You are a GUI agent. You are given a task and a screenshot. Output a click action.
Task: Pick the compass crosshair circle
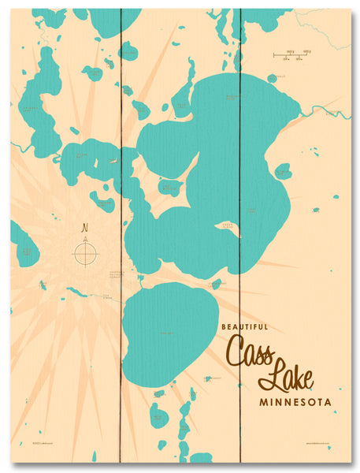85,253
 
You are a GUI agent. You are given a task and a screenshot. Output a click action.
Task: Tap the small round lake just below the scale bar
273,78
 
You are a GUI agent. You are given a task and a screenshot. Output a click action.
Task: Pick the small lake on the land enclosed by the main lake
170,187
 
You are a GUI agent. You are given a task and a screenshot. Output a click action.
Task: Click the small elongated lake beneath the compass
77,292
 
